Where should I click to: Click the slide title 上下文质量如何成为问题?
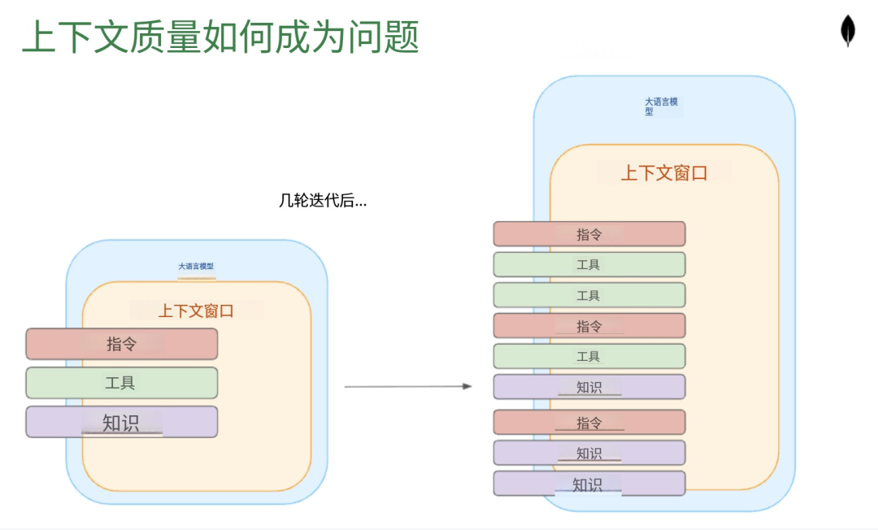click(x=220, y=37)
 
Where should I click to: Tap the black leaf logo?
click(x=848, y=31)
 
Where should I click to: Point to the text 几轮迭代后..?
click(x=323, y=201)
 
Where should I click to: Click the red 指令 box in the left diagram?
click(x=122, y=344)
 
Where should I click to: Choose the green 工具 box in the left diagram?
click(x=122, y=383)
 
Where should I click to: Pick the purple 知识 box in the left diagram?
click(x=122, y=422)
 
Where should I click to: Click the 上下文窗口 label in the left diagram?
click(x=196, y=311)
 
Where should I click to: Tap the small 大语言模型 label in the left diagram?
click(x=196, y=267)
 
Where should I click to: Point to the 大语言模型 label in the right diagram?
click(x=661, y=106)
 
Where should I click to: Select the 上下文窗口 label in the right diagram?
click(x=664, y=173)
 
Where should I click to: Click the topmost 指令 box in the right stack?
click(x=589, y=234)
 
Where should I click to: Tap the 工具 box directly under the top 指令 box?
click(x=589, y=264)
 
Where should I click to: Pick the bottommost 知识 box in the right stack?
click(x=589, y=484)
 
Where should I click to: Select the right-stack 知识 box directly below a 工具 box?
click(x=589, y=387)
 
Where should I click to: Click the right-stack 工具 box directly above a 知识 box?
click(x=589, y=356)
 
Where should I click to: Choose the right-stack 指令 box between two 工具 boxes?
click(x=589, y=326)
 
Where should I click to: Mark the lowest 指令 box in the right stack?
click(x=589, y=423)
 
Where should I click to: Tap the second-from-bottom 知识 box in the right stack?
click(x=589, y=453)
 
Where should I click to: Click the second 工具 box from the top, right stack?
click(x=589, y=295)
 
